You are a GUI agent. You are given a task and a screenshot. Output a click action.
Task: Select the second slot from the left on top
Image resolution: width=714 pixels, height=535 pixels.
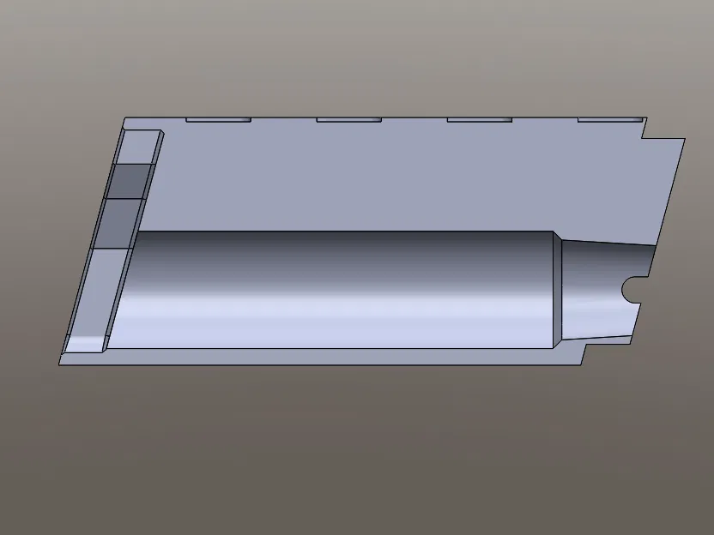pos(348,119)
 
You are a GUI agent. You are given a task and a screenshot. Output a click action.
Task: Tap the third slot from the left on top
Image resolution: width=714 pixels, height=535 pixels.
pos(479,119)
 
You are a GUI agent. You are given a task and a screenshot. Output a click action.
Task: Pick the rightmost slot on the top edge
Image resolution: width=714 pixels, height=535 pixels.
pos(609,119)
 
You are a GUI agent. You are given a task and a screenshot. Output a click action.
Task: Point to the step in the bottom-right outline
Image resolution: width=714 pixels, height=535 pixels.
pos(585,351)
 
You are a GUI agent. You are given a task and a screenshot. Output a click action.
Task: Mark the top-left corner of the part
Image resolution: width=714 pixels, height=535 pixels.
pos(125,118)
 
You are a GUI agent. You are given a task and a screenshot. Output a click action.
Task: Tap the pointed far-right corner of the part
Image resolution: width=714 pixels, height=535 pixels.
pos(684,139)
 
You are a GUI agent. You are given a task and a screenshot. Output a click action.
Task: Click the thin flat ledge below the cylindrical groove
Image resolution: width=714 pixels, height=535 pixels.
pos(343,356)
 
